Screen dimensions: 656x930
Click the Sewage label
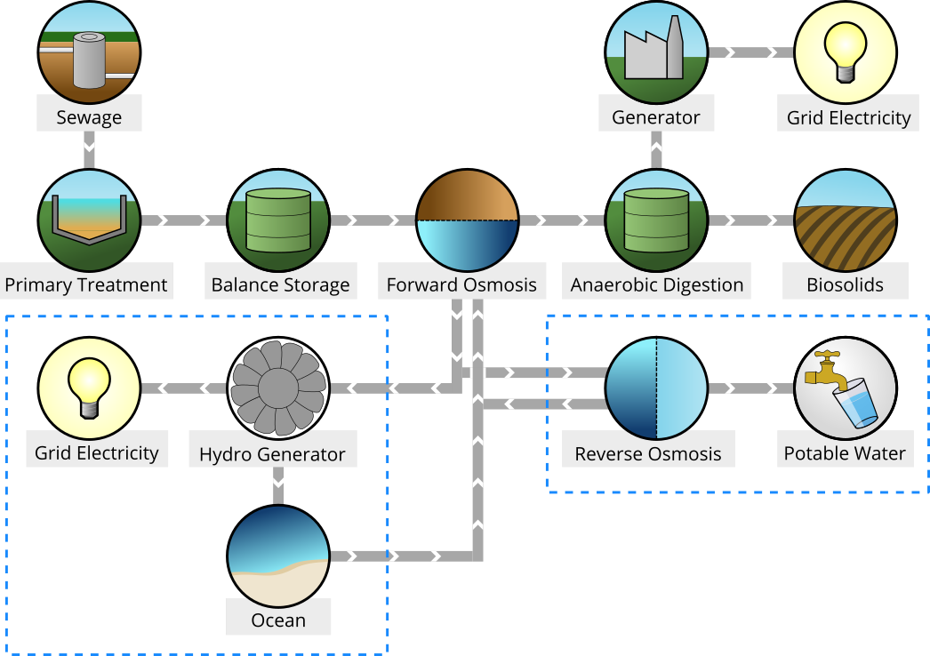(x=89, y=117)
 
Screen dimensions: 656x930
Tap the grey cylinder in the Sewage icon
(x=89, y=60)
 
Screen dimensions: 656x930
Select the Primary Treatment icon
(x=89, y=220)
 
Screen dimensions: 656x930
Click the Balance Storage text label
(x=280, y=285)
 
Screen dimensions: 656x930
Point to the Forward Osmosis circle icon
(x=467, y=220)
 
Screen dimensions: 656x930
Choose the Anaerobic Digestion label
(x=656, y=285)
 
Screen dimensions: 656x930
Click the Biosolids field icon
(x=845, y=220)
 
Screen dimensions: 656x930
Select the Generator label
(x=655, y=117)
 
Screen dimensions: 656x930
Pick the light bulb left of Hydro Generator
(x=89, y=388)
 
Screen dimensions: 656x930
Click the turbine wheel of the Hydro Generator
(x=278, y=388)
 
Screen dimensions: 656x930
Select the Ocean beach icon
(x=278, y=556)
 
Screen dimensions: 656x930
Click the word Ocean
(x=278, y=620)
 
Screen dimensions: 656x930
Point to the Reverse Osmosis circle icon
(x=656, y=388)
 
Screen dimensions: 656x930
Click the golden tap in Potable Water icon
(x=827, y=372)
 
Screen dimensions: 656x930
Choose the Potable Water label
(x=845, y=454)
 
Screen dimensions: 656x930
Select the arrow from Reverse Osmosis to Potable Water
(x=750, y=388)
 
